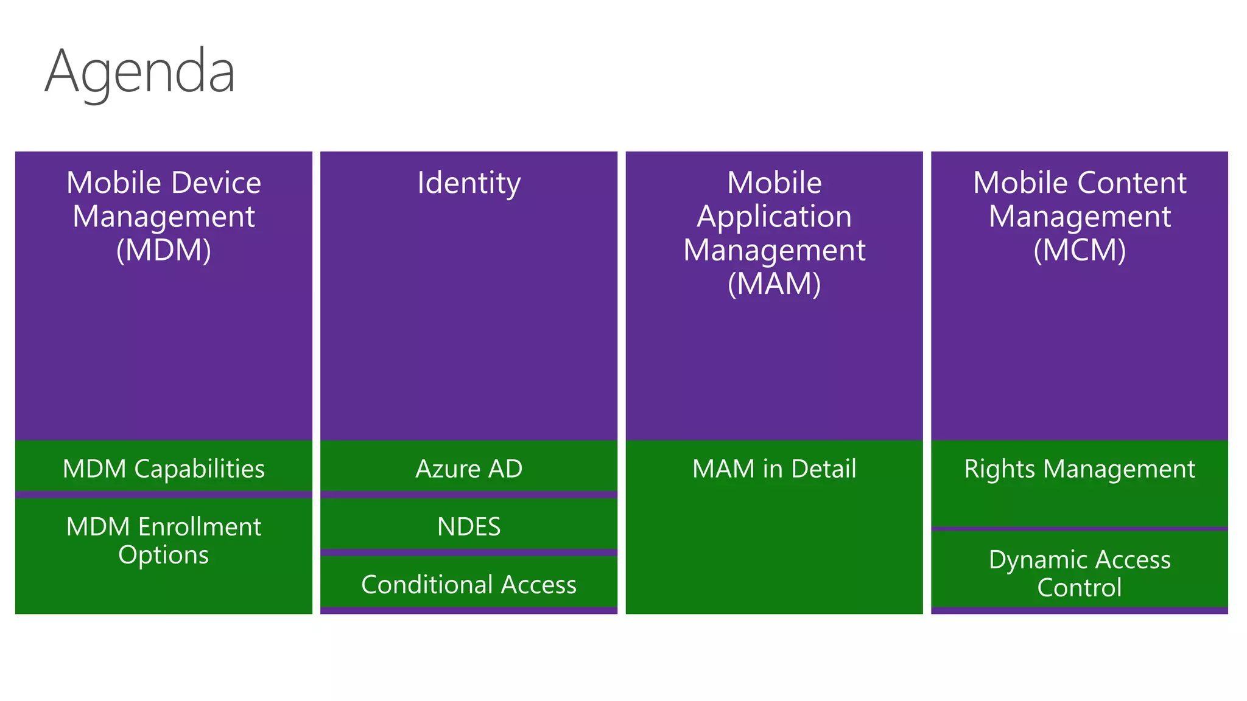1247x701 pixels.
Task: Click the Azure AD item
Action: tap(469, 469)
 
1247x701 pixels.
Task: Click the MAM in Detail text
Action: tap(774, 469)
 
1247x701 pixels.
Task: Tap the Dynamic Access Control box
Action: tap(1079, 573)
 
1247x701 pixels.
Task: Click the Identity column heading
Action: tap(469, 183)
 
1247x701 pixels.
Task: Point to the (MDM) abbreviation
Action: tap(163, 250)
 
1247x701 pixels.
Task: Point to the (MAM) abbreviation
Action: tap(774, 284)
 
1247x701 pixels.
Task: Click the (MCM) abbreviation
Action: tap(1079, 250)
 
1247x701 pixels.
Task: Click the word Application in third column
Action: tap(774, 217)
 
